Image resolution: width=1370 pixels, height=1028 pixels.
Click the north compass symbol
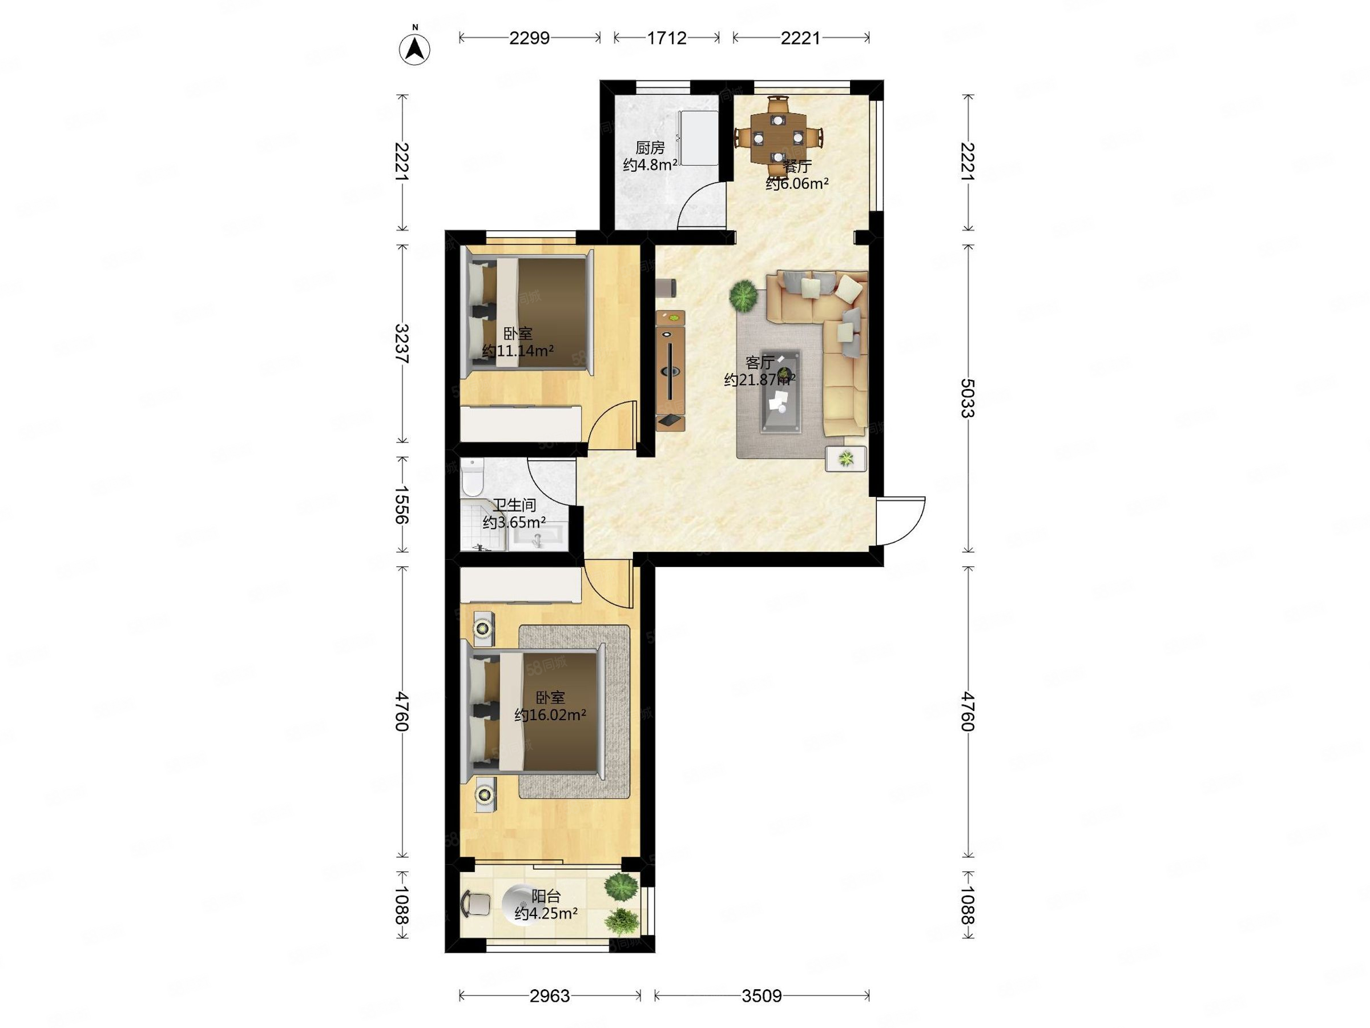tap(415, 48)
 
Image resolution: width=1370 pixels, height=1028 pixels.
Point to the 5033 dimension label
tap(968, 398)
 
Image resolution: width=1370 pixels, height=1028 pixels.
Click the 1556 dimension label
tap(402, 504)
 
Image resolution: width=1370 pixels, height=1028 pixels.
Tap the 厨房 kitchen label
tap(650, 147)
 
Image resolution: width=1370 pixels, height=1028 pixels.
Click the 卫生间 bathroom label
tap(514, 505)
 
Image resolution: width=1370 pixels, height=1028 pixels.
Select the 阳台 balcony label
tap(546, 896)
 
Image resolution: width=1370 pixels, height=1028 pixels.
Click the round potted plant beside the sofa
tap(743, 296)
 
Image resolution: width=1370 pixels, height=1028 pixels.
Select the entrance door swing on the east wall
tap(901, 520)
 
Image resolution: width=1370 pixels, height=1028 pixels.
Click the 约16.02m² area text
tap(550, 715)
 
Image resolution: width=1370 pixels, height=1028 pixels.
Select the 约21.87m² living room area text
tap(759, 379)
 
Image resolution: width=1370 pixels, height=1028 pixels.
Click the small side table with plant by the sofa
tap(846, 459)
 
